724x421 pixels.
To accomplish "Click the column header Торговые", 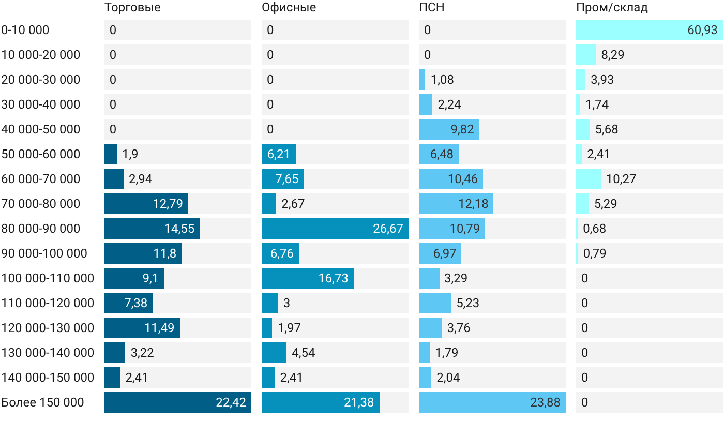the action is point(132,7).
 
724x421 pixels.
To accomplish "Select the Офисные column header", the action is point(289,7).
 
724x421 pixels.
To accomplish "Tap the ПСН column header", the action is point(432,7).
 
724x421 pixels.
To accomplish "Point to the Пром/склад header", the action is point(612,7).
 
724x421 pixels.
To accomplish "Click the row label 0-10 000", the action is point(25,30).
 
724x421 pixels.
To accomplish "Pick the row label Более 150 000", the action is point(42,402).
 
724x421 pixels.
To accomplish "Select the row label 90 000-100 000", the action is point(44,253).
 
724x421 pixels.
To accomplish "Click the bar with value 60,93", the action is point(650,30).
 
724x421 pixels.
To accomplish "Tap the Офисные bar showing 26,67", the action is point(335,229).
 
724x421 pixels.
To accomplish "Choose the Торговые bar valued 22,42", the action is point(178,402).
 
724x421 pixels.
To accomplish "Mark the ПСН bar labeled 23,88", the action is point(492,402).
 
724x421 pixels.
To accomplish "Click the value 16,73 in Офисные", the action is point(333,278).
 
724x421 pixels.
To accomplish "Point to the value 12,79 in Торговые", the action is point(168,204).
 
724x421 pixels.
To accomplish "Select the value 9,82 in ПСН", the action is point(462,129).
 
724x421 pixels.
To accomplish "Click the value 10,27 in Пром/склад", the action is point(621,179).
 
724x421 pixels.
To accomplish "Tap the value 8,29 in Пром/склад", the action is point(612,55).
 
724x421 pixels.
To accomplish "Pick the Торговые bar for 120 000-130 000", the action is point(142,328).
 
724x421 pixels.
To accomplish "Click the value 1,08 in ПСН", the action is point(442,80).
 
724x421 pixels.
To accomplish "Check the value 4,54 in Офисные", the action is point(303,353).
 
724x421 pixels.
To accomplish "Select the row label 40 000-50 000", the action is point(41,129).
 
